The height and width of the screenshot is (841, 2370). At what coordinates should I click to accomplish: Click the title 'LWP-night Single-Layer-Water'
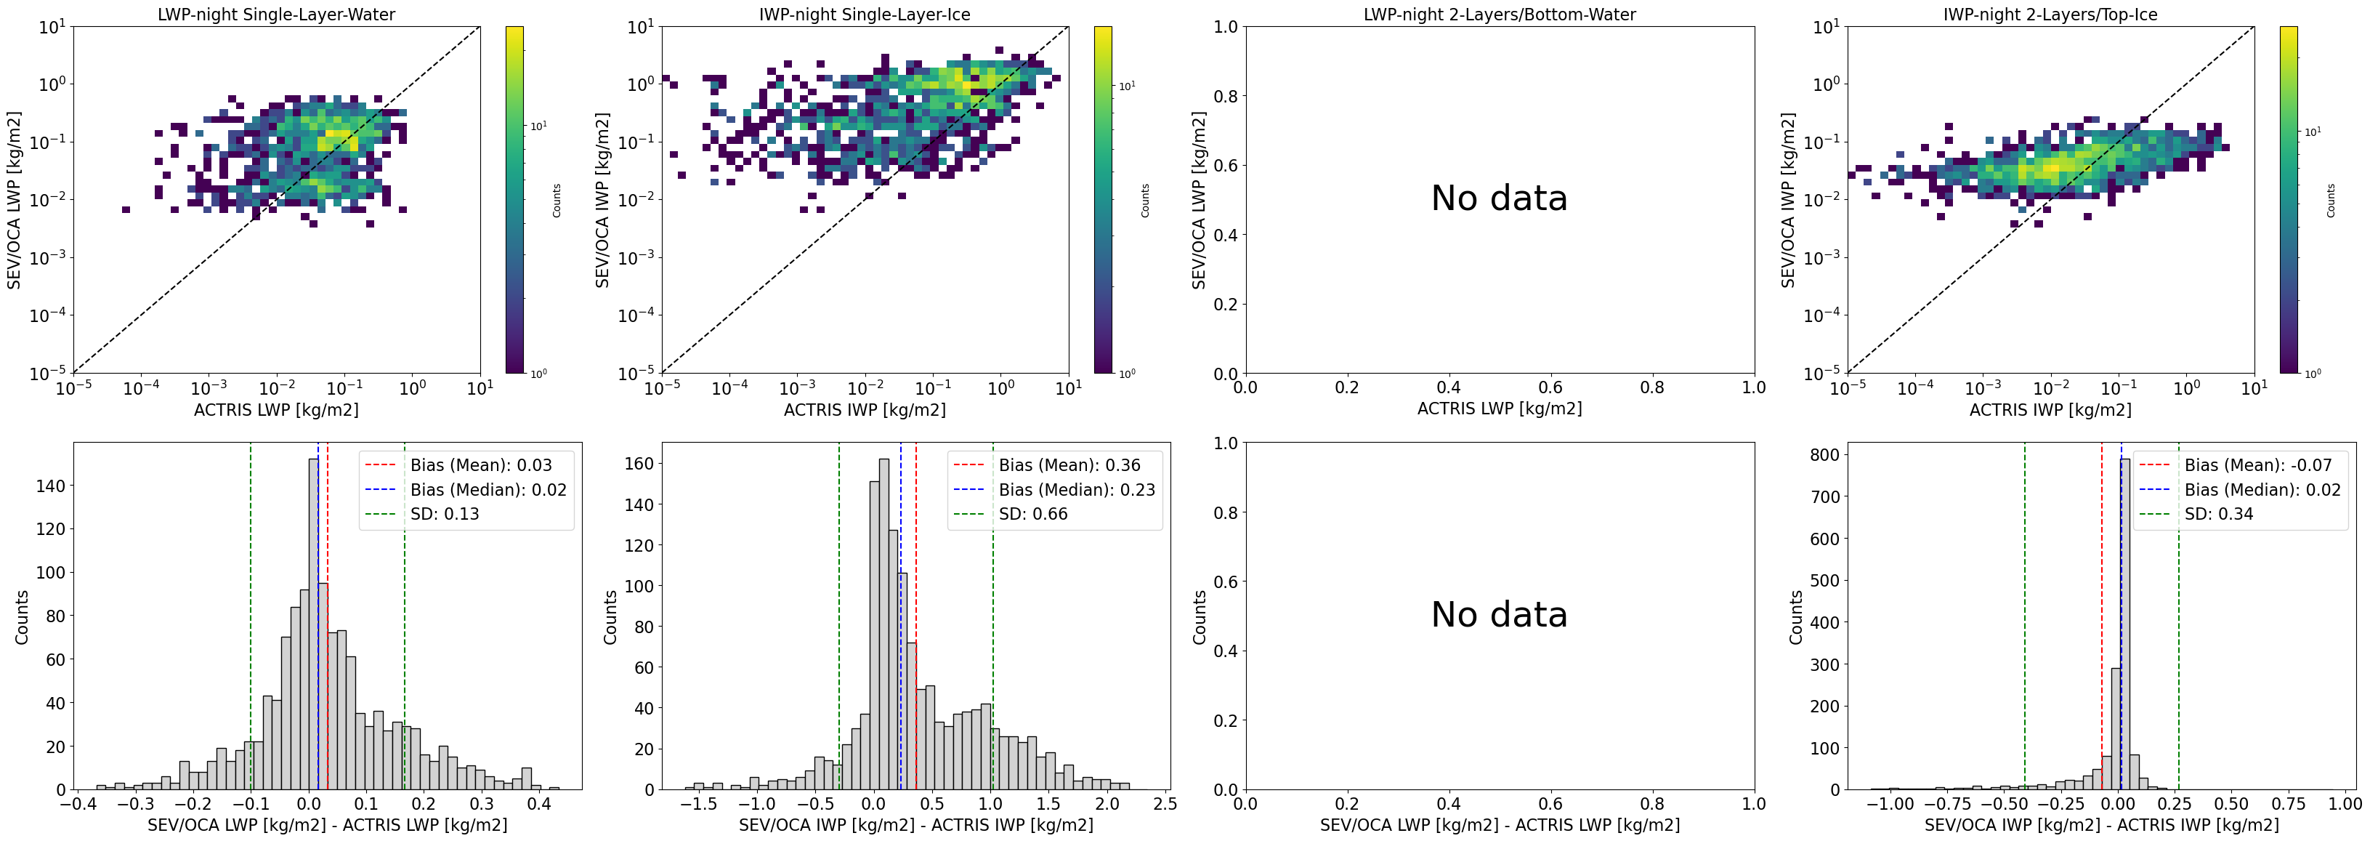click(x=276, y=15)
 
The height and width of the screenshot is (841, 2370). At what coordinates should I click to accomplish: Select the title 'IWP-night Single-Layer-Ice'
click(x=864, y=15)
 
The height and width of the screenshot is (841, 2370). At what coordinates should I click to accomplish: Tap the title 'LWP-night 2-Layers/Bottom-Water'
click(x=1499, y=15)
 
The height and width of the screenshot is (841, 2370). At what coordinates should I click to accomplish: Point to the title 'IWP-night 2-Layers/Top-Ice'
click(x=2050, y=15)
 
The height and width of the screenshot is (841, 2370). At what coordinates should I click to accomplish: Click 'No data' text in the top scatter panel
click(x=1499, y=198)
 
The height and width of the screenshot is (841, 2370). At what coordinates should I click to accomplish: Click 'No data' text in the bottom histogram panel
click(x=1499, y=615)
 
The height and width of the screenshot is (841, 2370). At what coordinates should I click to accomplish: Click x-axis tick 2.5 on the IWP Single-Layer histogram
click(x=1164, y=803)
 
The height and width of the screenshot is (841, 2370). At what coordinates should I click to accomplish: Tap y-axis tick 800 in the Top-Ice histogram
click(x=1824, y=454)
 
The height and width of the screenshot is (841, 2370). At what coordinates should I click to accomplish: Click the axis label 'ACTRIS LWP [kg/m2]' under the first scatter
click(x=276, y=409)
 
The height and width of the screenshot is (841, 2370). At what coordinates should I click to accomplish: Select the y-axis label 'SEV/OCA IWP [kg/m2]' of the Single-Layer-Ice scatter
click(x=602, y=200)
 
